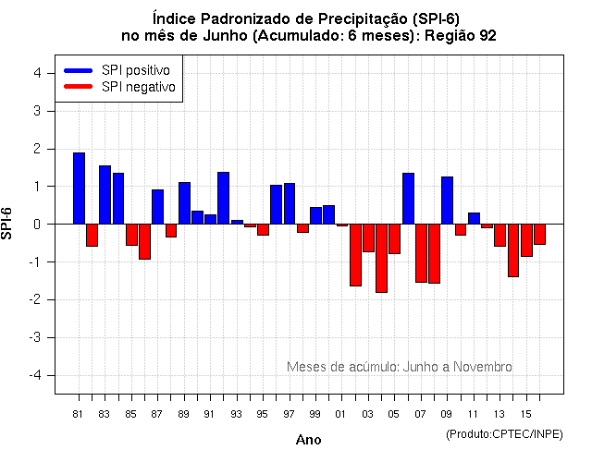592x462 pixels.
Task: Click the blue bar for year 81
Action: [80, 188]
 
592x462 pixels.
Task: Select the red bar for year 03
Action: [368, 237]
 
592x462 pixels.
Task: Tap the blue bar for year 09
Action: [447, 201]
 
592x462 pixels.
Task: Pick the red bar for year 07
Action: [421, 253]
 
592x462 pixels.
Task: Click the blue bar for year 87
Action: [158, 207]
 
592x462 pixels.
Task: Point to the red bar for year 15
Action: [526, 240]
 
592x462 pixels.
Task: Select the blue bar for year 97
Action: [290, 203]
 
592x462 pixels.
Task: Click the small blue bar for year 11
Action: [474, 218]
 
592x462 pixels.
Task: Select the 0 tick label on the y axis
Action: [36, 224]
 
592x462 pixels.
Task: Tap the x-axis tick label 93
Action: [237, 413]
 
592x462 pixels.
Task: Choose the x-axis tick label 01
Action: [341, 413]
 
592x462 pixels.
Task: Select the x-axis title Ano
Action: [308, 440]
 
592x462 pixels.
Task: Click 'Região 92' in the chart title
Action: [464, 36]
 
